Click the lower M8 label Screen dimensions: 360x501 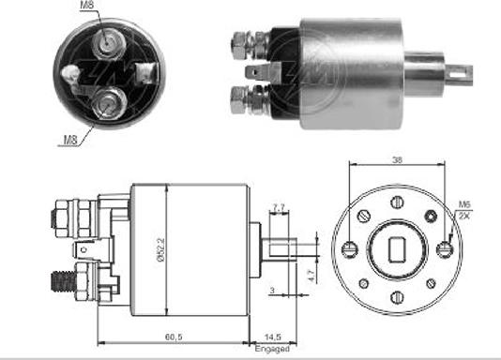(x=70, y=141)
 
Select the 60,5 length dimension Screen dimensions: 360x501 (x=172, y=334)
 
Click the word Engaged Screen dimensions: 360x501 (x=272, y=348)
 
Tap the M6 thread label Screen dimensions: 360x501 (x=464, y=204)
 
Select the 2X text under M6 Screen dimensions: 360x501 (x=464, y=216)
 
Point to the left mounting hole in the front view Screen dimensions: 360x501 (x=349, y=249)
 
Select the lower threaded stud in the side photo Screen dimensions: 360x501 (x=238, y=97)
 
